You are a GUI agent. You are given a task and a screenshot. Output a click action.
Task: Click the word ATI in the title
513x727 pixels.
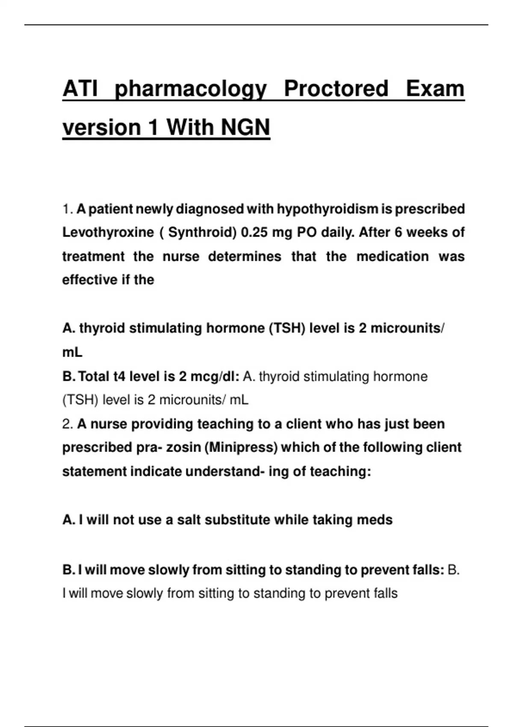tap(80, 89)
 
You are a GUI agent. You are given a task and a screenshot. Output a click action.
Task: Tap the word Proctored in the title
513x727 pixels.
tap(336, 89)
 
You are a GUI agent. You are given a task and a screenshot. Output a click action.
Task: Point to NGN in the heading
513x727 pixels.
tap(245, 127)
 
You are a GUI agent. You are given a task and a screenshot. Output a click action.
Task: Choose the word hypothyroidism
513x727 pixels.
tap(327, 209)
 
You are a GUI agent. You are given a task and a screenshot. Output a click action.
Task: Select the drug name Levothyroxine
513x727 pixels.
tap(108, 232)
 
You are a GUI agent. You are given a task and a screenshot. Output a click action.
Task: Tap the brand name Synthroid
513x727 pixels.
tap(202, 232)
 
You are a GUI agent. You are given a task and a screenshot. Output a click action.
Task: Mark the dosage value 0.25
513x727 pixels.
tap(254, 232)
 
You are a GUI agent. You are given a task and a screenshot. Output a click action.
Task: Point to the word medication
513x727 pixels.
tap(392, 256)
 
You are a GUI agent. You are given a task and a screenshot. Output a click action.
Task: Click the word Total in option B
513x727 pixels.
tap(94, 376)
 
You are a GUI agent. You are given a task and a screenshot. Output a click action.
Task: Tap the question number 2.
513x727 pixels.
tap(67, 424)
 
